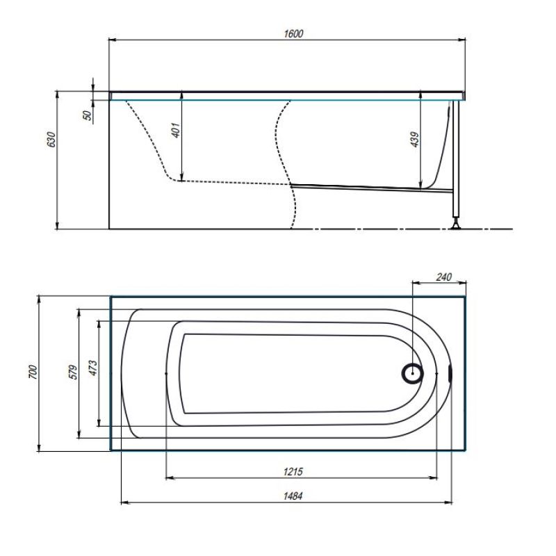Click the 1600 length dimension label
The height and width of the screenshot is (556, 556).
tap(293, 33)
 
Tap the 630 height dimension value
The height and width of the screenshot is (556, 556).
tap(51, 140)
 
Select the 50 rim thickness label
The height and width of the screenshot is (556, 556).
tap(88, 115)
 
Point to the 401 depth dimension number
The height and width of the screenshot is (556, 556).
tap(176, 130)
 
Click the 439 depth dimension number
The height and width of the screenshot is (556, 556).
tap(414, 140)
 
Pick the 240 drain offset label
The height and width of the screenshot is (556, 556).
tap(443, 277)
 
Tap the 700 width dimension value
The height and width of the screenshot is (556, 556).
tap(33, 372)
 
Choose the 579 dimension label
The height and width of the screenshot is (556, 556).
tap(73, 372)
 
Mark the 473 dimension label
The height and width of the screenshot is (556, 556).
tap(92, 368)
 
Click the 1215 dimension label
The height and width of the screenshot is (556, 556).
tap(293, 472)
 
